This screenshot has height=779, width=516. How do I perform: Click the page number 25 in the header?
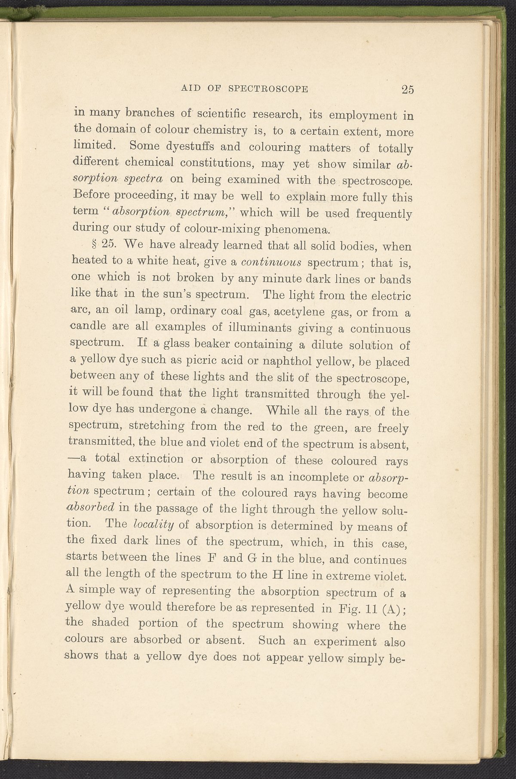pos(407,89)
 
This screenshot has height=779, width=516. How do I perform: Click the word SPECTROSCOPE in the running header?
pos(269,89)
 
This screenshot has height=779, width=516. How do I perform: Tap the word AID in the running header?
pos(190,89)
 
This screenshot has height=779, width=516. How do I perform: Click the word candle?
pos(88,328)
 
